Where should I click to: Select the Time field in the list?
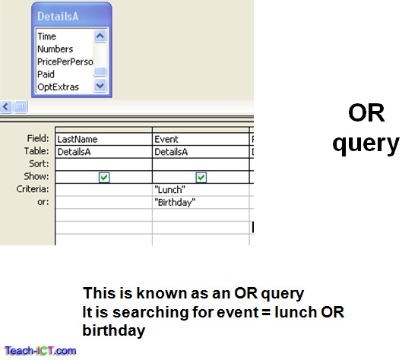click(47, 36)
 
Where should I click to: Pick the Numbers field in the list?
click(55, 49)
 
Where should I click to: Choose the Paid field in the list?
click(46, 74)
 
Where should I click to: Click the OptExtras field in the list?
click(58, 87)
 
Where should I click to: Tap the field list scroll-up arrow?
click(100, 36)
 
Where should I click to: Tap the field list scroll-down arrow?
click(100, 87)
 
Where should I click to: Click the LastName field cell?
click(103, 140)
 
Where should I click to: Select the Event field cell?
click(201, 140)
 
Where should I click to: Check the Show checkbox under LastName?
click(104, 177)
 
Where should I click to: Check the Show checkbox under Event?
click(201, 177)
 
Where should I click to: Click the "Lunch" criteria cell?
click(201, 189)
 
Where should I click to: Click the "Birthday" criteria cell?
click(201, 201)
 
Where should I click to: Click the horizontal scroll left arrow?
click(6, 107)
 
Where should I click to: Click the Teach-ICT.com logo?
click(39, 351)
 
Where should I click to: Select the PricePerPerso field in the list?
click(64, 62)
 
